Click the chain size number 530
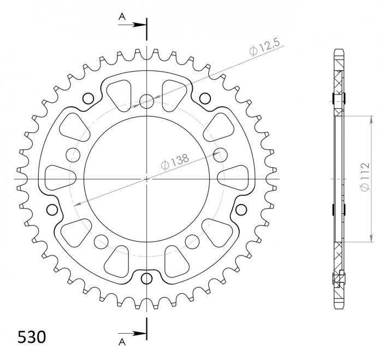[x=32, y=338]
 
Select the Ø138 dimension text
[x=175, y=161]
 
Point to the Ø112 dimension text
[x=365, y=176]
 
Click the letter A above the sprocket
[x=122, y=16]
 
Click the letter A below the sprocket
[x=122, y=342]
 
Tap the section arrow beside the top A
[x=132, y=25]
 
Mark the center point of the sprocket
[x=146, y=179]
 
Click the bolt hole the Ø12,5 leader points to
[x=146, y=101]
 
